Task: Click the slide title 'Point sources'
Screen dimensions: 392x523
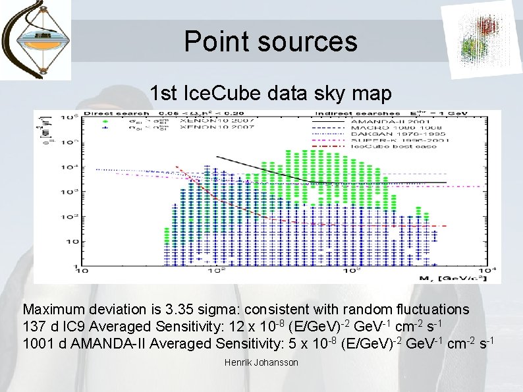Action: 271,41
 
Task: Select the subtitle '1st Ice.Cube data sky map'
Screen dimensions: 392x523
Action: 271,94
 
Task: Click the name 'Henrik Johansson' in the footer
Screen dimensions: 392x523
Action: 261,363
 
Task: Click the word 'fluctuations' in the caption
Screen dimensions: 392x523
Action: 435,309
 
